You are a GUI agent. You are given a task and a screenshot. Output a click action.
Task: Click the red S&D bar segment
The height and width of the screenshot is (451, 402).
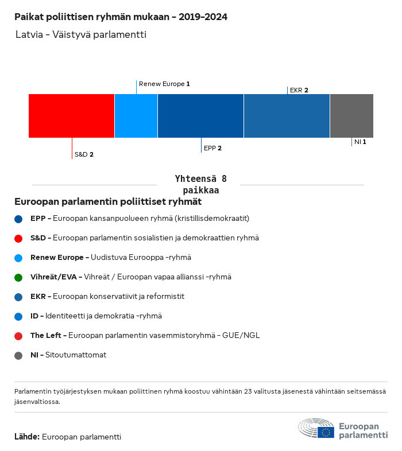click(71, 116)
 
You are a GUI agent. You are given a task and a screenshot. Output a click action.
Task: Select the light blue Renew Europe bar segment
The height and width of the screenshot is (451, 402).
click(136, 116)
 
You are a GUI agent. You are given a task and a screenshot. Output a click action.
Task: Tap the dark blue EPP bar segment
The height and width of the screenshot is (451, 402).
click(200, 116)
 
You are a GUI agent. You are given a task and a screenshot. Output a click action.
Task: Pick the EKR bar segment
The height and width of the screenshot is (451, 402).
click(287, 116)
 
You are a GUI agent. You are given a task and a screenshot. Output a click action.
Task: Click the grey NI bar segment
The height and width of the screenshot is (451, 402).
click(351, 116)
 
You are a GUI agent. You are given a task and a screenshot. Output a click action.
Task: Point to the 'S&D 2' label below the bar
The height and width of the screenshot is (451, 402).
click(84, 154)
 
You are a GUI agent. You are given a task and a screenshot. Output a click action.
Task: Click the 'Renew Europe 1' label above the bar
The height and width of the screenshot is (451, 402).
click(164, 84)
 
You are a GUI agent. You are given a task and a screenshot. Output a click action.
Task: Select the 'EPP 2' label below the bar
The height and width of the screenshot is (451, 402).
click(212, 148)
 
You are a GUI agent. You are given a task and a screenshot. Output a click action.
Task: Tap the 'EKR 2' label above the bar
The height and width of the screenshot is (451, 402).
click(299, 90)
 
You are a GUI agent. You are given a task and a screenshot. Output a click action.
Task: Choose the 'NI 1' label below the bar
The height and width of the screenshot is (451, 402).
click(360, 142)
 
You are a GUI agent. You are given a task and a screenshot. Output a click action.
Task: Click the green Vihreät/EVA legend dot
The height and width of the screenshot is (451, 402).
click(18, 277)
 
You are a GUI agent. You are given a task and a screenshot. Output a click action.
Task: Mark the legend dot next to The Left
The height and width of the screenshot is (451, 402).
click(18, 336)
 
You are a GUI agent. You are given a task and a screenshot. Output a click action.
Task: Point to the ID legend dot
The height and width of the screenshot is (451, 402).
click(18, 316)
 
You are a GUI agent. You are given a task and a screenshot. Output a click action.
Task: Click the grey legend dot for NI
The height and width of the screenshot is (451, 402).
click(18, 355)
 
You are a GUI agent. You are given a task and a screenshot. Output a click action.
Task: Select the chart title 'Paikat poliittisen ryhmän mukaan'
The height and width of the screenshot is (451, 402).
click(121, 17)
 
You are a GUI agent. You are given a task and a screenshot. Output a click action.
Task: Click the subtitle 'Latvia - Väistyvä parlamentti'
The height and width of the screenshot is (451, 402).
click(81, 35)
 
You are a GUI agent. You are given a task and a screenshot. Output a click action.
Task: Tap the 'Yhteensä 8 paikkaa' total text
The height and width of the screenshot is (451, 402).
click(200, 184)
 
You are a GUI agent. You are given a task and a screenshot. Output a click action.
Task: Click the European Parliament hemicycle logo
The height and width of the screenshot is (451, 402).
click(316, 429)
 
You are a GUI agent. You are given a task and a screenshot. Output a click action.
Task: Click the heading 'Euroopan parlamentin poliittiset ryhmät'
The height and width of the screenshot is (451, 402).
click(108, 202)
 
